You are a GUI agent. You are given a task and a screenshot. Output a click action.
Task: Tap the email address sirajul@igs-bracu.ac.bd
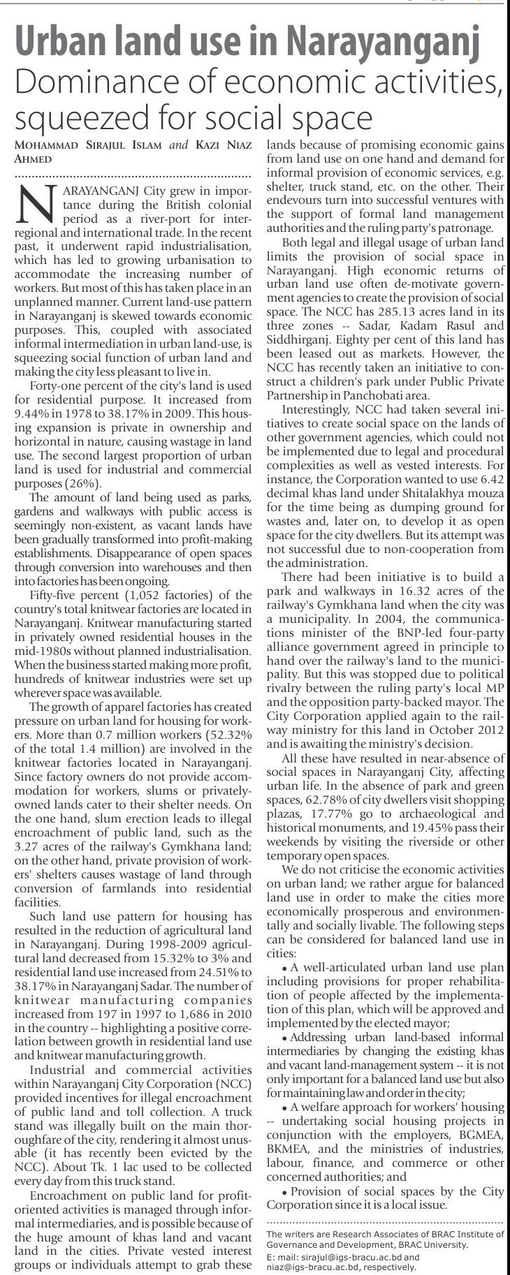click(342, 1257)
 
